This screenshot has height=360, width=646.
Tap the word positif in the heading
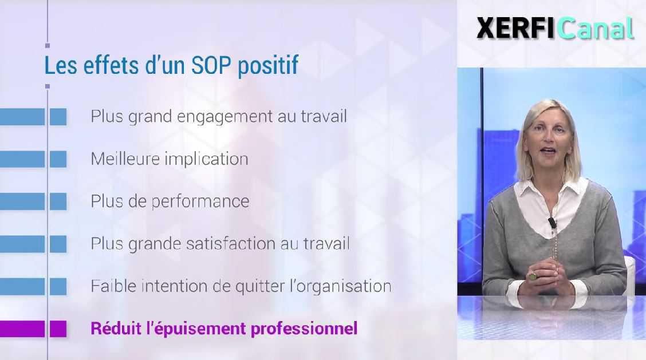pos(267,66)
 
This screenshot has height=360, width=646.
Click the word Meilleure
pos(125,159)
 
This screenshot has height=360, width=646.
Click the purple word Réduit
pos(110,328)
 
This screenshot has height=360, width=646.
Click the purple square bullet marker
pos(58,329)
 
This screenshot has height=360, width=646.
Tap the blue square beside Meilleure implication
pos(58,159)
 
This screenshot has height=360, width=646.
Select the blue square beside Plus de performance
pos(58,201)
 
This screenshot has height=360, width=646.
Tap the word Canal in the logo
pos(596,29)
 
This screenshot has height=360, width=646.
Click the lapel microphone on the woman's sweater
pos(552,223)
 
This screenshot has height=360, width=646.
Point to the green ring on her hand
pos(533,276)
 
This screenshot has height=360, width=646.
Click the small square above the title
pos(47,45)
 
